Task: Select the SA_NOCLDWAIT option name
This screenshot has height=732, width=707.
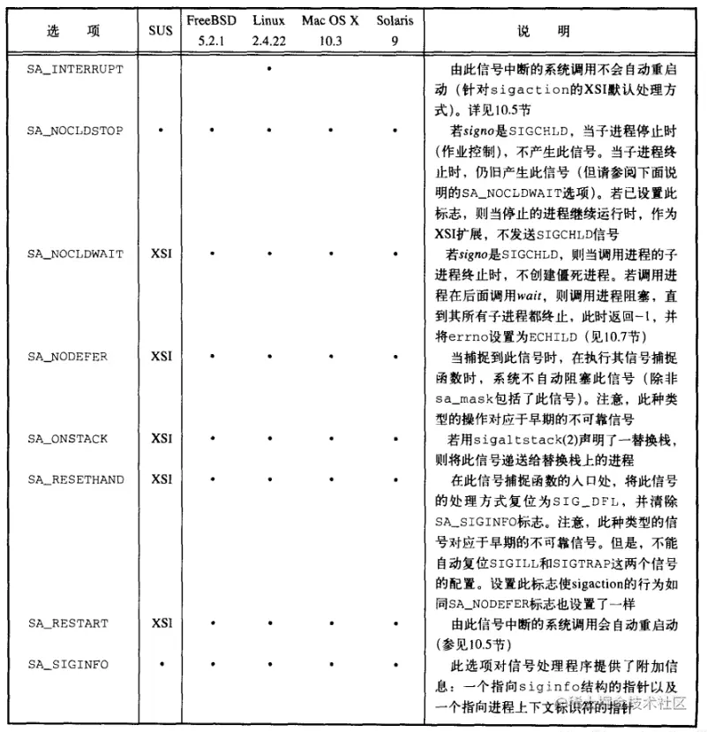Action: [75, 253]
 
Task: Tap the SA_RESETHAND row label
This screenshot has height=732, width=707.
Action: [75, 479]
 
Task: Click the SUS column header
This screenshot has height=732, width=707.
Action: [161, 30]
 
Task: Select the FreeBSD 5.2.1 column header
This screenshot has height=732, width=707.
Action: [212, 30]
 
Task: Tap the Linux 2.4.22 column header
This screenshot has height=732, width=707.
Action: [268, 30]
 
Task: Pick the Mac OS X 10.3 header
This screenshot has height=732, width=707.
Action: [330, 30]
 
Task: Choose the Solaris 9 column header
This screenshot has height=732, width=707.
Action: [394, 30]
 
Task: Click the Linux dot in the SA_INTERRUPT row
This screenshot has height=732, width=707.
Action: [268, 68]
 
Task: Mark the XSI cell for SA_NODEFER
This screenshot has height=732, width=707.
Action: [161, 357]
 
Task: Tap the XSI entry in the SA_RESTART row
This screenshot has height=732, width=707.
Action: [161, 623]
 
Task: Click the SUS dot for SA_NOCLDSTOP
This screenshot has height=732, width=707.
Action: [161, 131]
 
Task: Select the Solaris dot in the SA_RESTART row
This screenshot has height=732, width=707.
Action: [395, 623]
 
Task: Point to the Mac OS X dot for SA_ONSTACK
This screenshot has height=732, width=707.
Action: [330, 439]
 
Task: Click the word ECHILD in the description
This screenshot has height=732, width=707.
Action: [580, 336]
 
